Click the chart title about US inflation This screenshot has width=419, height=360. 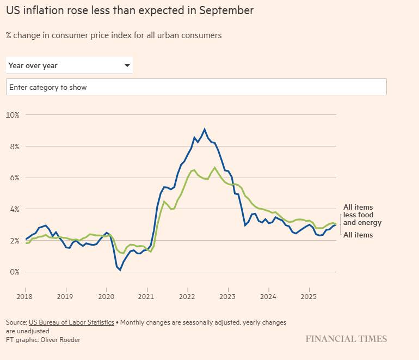pos(130,10)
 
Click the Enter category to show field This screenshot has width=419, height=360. pos(196,87)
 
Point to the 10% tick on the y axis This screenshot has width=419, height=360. pos(13,115)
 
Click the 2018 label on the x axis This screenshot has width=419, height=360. pos(25,297)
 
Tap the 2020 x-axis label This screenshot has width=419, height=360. pos(106,297)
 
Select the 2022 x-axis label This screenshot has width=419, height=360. pos(187,297)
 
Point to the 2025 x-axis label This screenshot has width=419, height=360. pos(309,297)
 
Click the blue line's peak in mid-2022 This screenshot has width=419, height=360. pos(205,129)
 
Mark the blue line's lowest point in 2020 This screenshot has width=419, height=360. pos(120,270)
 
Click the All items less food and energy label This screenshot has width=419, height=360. pos(362,215)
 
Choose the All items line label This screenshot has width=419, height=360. pos(358,235)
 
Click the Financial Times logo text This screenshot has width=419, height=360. pos(346,339)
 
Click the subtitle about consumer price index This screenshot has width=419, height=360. pos(114,35)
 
